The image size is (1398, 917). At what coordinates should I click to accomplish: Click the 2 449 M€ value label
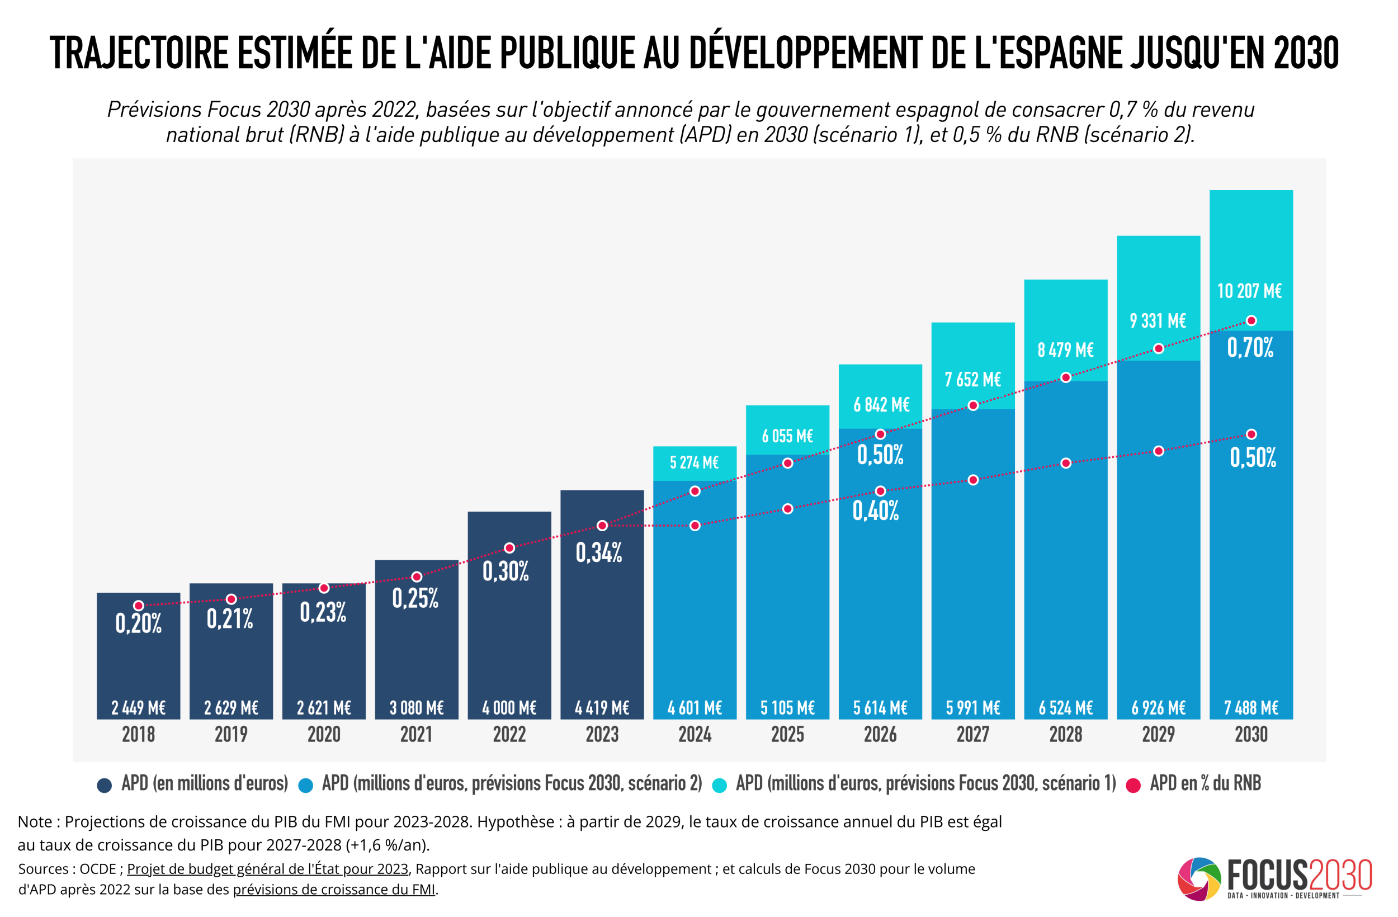(x=139, y=708)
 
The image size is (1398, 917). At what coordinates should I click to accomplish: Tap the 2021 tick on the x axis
(x=417, y=734)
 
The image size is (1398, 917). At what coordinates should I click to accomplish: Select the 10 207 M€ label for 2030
(x=1249, y=291)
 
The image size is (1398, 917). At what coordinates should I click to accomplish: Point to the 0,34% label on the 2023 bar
(x=598, y=553)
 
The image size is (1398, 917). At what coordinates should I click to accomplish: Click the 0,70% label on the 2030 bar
(x=1250, y=348)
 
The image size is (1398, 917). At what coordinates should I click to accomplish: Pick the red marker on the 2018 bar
(x=139, y=606)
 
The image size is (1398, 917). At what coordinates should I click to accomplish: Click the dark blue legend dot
(x=105, y=786)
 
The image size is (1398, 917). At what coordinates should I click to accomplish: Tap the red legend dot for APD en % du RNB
(x=1133, y=786)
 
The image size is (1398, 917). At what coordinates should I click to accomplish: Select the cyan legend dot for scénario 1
(x=719, y=786)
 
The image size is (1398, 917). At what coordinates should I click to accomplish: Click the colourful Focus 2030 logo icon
(x=1199, y=880)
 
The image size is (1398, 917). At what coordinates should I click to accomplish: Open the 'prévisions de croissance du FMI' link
(x=334, y=890)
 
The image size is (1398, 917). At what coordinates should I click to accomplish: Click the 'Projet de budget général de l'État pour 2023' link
(x=267, y=869)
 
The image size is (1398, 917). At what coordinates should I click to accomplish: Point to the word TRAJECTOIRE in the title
(x=139, y=53)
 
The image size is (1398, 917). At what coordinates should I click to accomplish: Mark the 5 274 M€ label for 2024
(x=695, y=463)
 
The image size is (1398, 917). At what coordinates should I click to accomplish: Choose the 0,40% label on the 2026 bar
(x=875, y=511)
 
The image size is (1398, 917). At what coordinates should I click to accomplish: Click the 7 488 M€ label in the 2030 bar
(x=1251, y=708)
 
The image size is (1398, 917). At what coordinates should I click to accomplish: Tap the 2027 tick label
(x=972, y=734)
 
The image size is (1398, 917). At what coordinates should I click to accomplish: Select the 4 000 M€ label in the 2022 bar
(x=509, y=708)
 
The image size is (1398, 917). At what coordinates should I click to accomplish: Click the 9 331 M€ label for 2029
(x=1158, y=321)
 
